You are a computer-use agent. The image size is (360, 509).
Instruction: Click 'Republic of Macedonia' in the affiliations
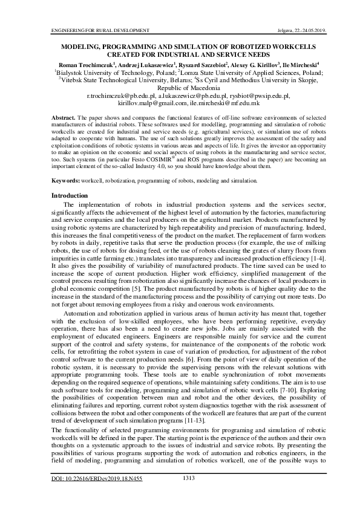pyautogui.click(x=180, y=88)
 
